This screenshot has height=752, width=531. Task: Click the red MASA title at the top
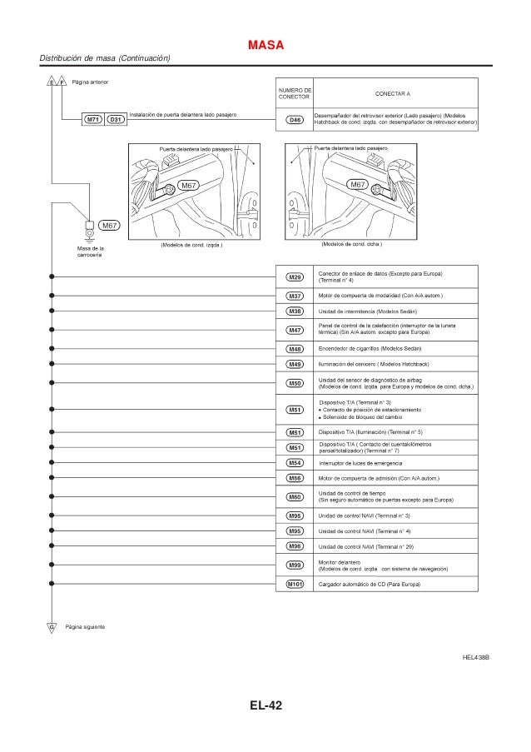tap(266, 43)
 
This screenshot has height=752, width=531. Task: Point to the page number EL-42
tap(266, 707)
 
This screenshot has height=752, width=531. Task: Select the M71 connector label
tap(93, 120)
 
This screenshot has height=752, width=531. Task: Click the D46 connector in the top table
tap(295, 120)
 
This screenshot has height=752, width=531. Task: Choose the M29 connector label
tap(295, 276)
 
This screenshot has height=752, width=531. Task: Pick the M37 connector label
tap(295, 296)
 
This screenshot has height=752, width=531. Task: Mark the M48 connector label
tap(295, 348)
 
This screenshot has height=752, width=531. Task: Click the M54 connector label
tap(295, 462)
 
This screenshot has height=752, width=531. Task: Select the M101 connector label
tap(295, 585)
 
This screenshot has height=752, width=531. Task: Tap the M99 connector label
tap(295, 565)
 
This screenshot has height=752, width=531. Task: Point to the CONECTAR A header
tap(395, 93)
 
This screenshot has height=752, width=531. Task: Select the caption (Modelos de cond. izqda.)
tap(191, 245)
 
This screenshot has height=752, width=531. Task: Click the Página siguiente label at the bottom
tap(85, 625)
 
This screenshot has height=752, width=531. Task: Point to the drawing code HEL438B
tap(477, 658)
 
